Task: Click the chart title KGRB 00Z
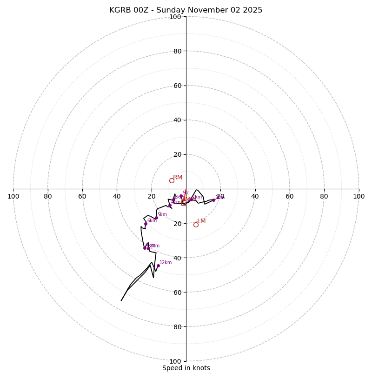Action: (186, 10)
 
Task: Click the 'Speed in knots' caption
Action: (186, 368)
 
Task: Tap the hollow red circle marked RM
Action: (172, 180)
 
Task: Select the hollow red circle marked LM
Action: (196, 225)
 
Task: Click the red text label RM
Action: (178, 177)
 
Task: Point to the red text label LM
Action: (201, 221)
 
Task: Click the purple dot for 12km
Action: (158, 266)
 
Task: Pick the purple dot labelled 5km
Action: (156, 218)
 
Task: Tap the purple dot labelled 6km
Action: (146, 224)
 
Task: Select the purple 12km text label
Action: (166, 263)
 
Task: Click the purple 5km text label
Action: (162, 215)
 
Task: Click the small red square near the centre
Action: (183, 203)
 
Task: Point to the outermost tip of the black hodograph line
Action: (121, 300)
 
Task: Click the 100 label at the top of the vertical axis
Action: (175, 17)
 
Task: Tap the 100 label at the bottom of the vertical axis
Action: (175, 361)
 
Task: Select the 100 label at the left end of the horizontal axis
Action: (13, 196)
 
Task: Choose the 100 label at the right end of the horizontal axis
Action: (359, 196)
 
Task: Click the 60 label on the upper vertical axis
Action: (177, 86)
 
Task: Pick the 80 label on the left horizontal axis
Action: (48, 196)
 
